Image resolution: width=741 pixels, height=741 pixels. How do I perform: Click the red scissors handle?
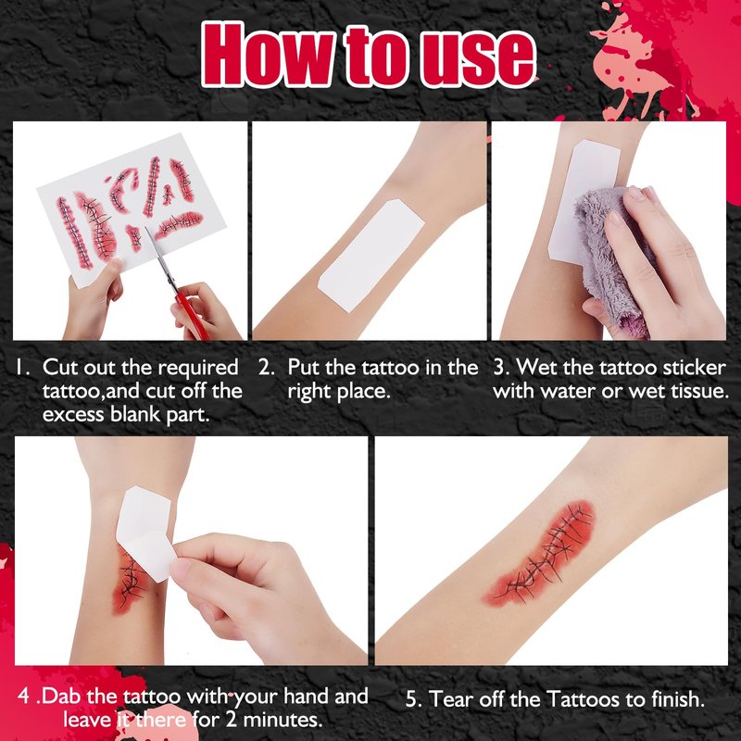192,316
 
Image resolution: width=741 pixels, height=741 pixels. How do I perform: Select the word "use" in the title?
478,60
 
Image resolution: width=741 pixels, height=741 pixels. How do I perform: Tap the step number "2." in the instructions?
266,368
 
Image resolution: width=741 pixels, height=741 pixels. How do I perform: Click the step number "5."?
414,699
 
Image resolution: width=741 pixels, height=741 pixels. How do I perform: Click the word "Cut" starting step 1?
58,368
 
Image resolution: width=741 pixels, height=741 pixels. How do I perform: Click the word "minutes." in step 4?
283,721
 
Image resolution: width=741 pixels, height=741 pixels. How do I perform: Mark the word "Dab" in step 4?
62,697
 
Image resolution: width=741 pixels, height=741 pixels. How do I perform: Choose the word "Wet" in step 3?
535,368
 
